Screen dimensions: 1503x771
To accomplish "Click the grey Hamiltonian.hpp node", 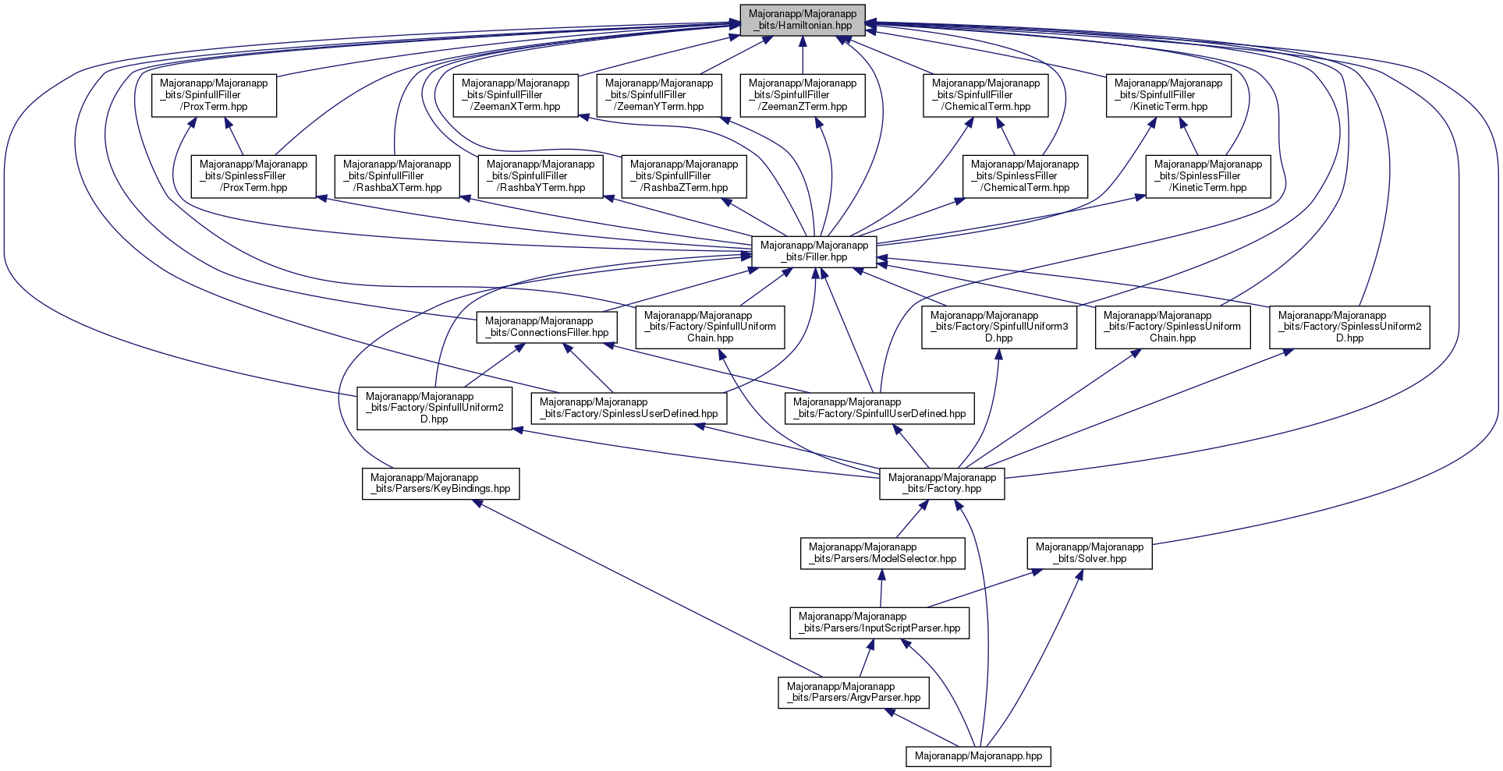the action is tap(802, 19).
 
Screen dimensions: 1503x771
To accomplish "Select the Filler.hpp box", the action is tap(814, 251).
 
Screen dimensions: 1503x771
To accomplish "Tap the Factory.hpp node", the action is tap(942, 483).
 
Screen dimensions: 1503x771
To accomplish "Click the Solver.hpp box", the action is tap(1090, 553).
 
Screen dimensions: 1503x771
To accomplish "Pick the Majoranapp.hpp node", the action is tap(978, 756).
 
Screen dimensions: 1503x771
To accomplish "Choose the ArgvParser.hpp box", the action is tap(853, 692).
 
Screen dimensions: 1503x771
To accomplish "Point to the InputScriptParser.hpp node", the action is tap(880, 622).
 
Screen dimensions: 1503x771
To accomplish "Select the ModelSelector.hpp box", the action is tap(883, 553).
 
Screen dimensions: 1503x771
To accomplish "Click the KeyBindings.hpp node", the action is tap(441, 483).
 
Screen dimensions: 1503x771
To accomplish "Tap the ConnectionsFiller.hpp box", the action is tap(547, 327).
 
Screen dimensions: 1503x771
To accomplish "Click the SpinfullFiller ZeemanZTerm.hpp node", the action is tap(802, 95).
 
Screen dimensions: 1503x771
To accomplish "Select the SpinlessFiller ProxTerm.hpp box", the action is tap(253, 176).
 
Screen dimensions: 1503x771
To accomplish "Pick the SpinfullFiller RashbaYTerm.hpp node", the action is tap(541, 176).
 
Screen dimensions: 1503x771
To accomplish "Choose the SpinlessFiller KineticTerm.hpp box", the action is tap(1208, 176).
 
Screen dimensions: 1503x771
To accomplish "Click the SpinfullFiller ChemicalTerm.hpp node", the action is tap(986, 95).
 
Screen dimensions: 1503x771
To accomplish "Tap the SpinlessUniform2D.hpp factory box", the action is tap(1349, 327).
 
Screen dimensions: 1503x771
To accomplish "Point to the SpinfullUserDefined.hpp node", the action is tap(879, 408).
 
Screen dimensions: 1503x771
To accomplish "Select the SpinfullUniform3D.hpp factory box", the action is tap(999, 327).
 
